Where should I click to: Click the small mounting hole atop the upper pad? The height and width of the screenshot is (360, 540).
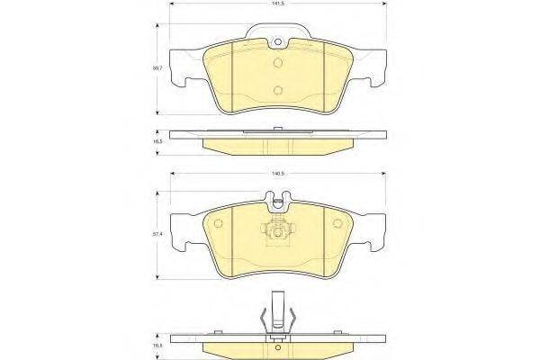[280, 41]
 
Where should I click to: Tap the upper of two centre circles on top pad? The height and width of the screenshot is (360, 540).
[280, 63]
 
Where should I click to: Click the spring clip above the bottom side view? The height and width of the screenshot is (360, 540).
[276, 314]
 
